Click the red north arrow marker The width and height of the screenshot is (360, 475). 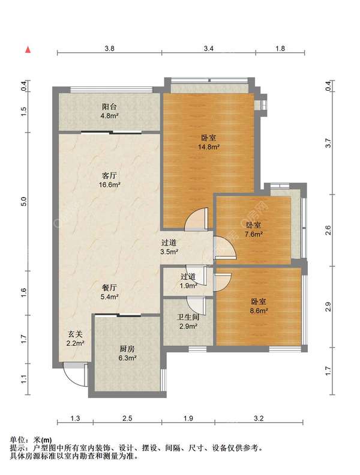28,50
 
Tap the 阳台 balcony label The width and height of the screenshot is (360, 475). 109,107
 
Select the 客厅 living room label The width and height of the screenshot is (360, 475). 109,176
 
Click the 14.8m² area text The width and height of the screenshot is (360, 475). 209,147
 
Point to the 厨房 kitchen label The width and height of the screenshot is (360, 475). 127,349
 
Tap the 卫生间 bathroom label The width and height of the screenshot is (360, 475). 188,317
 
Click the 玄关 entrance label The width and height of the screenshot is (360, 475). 75,334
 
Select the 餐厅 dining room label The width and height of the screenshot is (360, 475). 109,288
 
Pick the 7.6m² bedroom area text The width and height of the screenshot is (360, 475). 253,234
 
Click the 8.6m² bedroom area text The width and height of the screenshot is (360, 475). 259,311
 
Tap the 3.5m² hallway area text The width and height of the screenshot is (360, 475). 169,252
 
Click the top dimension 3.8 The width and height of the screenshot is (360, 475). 109,49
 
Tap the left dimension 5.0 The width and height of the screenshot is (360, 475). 24,201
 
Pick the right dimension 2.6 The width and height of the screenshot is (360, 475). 329,230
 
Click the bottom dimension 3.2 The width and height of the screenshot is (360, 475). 259,419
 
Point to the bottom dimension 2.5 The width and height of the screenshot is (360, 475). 127,419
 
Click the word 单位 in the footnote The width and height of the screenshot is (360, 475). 17,440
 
